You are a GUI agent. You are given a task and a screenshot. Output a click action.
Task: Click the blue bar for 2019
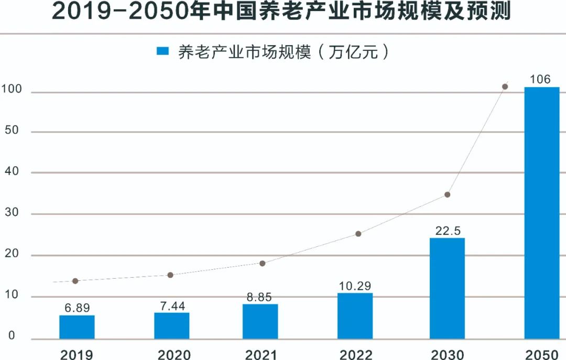(77, 327)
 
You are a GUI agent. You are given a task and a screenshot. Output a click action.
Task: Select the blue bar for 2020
(171, 325)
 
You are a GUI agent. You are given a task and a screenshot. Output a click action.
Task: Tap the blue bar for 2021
(260, 321)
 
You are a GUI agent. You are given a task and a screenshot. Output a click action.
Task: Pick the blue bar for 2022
(355, 315)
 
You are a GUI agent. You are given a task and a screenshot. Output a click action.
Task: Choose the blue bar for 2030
(447, 288)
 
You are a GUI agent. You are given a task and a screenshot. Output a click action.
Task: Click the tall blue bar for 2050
(541, 213)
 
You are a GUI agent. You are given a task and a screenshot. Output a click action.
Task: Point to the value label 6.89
(77, 308)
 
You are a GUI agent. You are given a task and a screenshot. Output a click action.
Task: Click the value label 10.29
(355, 286)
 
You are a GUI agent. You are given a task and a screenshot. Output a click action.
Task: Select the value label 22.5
(447, 231)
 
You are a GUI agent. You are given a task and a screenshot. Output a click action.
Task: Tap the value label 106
(540, 80)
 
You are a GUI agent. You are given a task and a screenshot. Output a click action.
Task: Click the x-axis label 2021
(260, 355)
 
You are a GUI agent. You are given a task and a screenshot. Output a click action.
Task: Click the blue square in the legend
(163, 51)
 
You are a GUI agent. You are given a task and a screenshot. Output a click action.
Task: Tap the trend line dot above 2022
(358, 234)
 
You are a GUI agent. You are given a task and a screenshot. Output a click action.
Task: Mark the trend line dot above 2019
(75, 281)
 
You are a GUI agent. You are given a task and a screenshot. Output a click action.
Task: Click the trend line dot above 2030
(447, 194)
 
